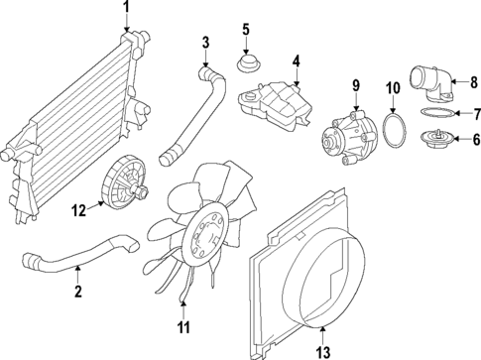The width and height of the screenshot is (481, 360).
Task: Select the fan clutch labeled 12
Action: (x=125, y=185)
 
